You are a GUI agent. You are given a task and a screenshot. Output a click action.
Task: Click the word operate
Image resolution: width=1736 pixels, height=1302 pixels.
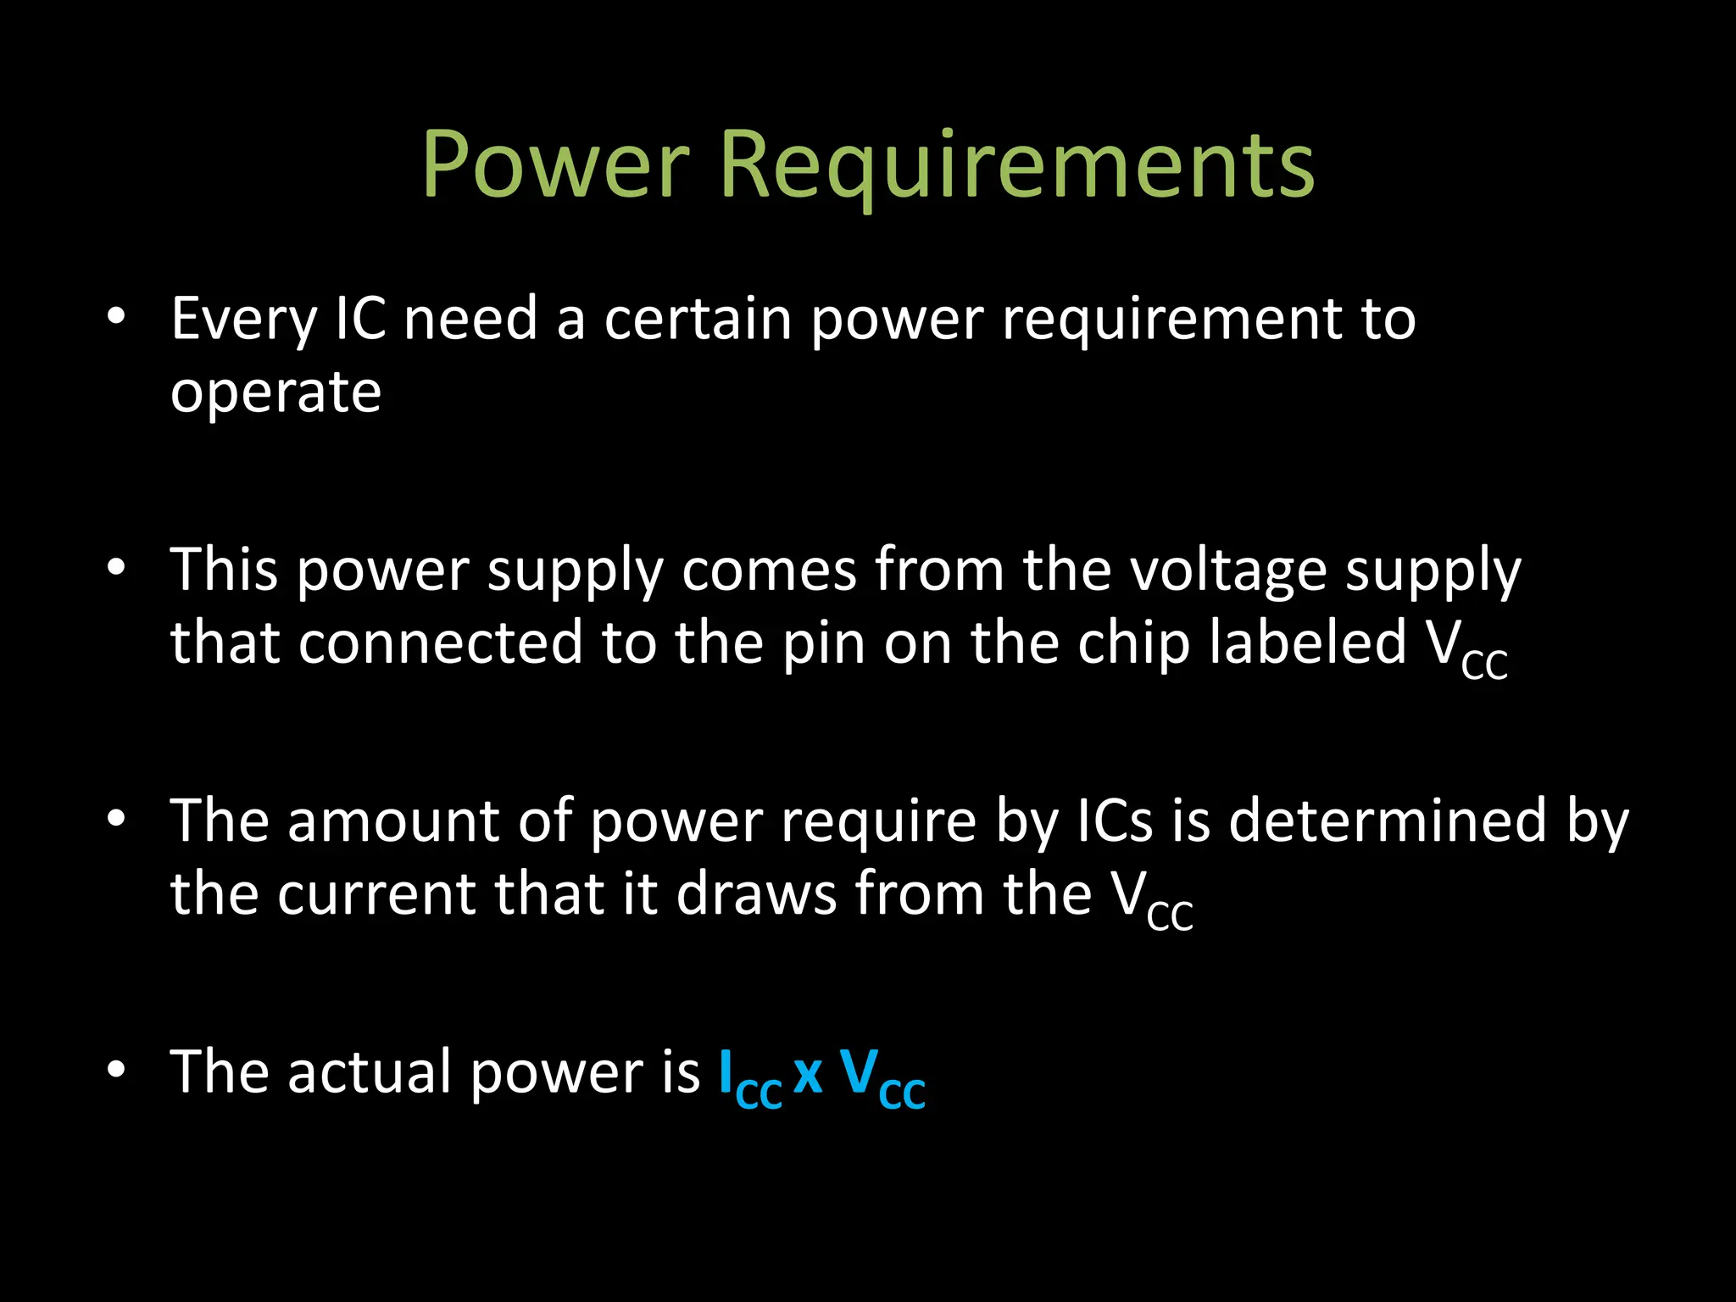[275, 392]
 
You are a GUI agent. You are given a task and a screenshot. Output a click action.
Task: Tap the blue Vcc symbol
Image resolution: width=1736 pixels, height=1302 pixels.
[882, 1078]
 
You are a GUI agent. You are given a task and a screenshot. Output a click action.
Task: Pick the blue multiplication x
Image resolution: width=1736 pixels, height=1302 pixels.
[808, 1075]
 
